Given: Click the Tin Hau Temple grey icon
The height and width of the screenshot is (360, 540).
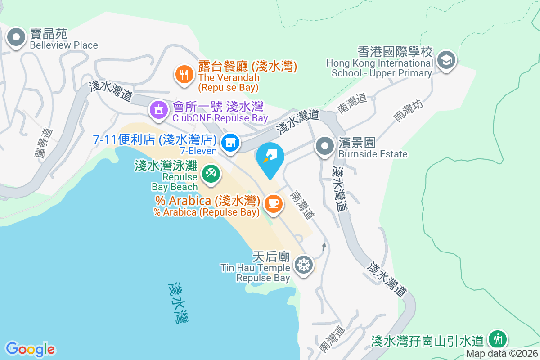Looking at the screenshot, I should point(304,264).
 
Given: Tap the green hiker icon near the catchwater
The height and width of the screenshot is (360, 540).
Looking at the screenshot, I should point(498,338).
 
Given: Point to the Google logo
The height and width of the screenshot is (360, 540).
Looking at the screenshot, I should point(31,349).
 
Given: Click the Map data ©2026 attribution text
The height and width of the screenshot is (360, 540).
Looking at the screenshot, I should point(502,354).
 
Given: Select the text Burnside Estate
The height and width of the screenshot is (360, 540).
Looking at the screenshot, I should point(373,154).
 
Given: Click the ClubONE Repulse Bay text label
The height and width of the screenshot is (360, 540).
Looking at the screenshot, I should point(220,118).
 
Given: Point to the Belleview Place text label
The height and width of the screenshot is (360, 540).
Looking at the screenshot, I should point(63,45).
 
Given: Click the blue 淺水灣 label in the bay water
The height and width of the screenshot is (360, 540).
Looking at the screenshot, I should point(179,302).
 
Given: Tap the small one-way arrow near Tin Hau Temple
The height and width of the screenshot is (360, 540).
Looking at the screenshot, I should point(324,246).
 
